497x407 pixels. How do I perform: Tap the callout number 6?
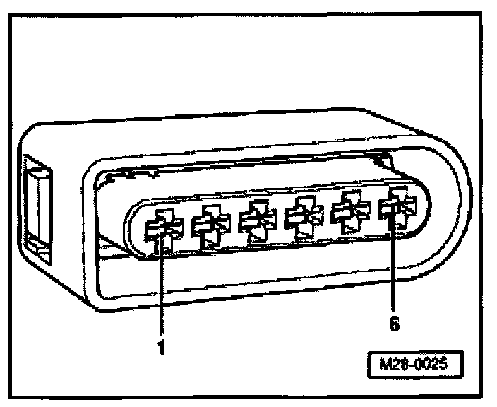click(394, 324)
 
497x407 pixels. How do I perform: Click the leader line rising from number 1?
click(161, 290)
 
